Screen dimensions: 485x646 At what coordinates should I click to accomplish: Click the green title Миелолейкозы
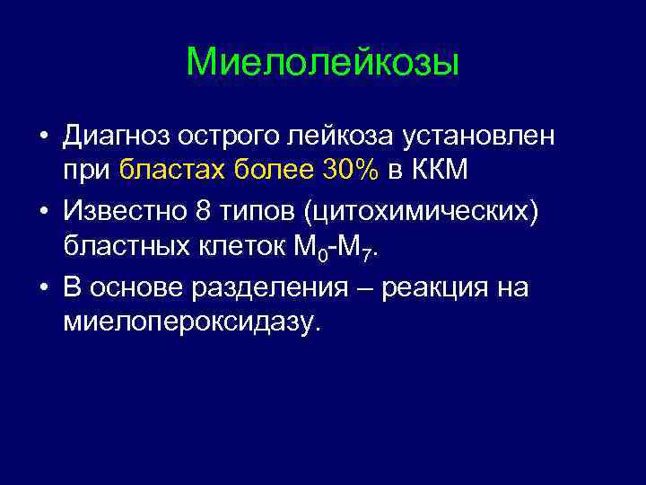[x=322, y=63]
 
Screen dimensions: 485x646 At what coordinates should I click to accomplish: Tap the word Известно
[x=126, y=215]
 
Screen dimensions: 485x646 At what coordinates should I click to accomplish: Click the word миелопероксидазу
[x=190, y=321]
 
